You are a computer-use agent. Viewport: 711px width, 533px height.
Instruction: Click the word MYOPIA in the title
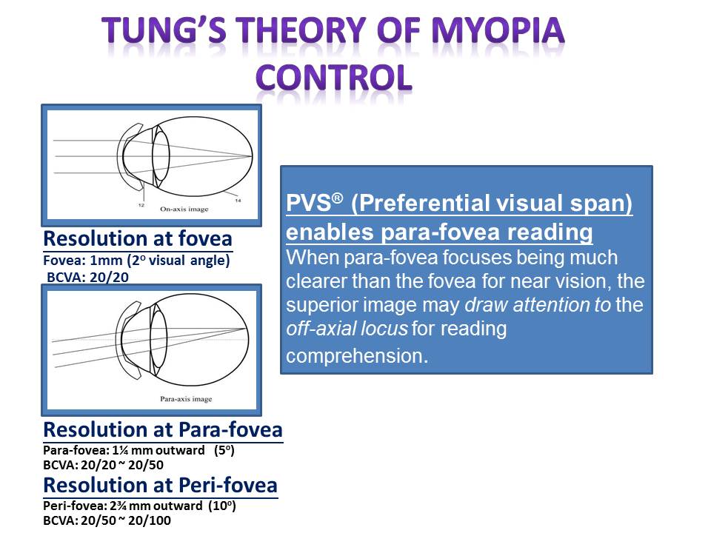498,31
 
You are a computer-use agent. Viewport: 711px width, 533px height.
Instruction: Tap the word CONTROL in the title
334,78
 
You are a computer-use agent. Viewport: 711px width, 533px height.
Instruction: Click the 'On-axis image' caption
184,209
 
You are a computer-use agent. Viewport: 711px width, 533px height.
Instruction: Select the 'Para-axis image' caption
186,399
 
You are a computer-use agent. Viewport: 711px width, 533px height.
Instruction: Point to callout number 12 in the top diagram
141,205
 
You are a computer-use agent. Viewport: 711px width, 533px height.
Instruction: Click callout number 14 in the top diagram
238,201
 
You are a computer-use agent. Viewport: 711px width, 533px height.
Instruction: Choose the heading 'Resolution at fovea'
138,238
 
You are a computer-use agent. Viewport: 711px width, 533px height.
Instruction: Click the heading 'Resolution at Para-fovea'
163,429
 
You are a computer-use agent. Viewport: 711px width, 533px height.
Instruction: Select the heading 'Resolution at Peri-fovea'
160,485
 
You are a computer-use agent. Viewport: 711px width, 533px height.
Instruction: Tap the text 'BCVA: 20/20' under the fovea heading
88,277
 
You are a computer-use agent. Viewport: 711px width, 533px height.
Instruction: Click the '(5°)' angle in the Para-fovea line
224,451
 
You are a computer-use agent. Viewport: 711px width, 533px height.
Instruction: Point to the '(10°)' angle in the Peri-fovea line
222,506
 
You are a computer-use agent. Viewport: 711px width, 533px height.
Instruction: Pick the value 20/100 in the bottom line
150,520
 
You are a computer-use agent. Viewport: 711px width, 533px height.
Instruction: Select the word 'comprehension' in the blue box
357,356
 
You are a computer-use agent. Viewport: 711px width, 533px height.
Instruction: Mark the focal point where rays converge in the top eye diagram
252,156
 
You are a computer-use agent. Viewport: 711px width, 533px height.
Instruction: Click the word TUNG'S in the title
164,31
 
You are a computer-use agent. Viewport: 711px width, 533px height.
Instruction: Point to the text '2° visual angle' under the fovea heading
178,261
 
